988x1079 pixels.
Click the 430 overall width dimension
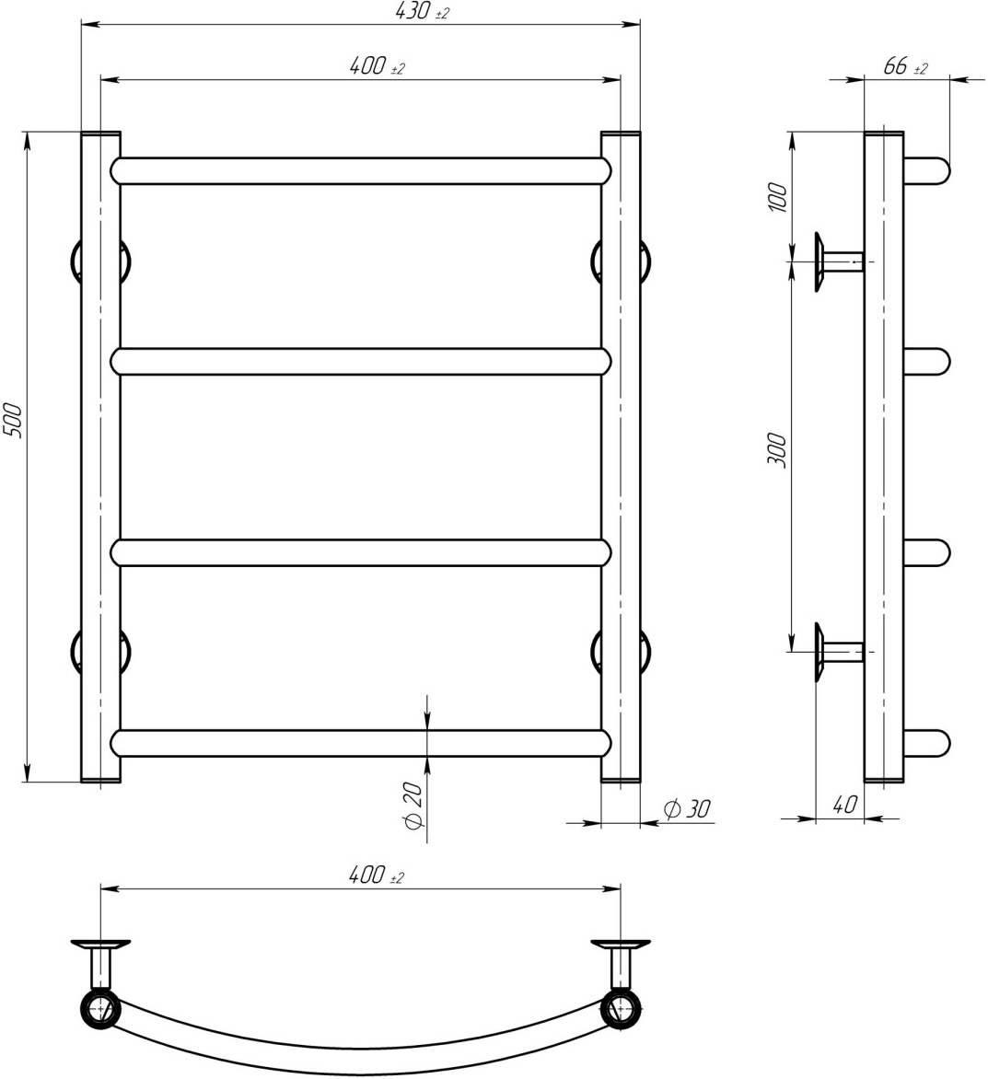(422, 11)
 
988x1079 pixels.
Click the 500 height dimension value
(13, 421)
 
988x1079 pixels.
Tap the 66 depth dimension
(905, 67)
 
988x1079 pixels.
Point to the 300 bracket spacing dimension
(777, 450)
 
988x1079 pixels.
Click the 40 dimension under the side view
(845, 805)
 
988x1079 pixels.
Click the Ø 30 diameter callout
(687, 809)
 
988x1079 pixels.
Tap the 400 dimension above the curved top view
(377, 876)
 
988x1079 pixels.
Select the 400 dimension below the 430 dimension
(377, 67)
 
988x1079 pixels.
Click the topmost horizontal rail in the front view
(361, 170)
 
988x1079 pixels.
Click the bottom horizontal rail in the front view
(361, 743)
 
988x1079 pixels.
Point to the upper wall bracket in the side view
(838, 262)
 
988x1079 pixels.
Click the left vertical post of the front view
(100, 457)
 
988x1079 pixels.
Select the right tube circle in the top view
(621, 1010)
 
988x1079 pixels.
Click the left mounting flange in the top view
(100, 946)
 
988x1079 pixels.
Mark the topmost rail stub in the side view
(926, 170)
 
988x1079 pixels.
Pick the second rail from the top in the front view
(361, 361)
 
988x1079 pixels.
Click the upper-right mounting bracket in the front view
(622, 262)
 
